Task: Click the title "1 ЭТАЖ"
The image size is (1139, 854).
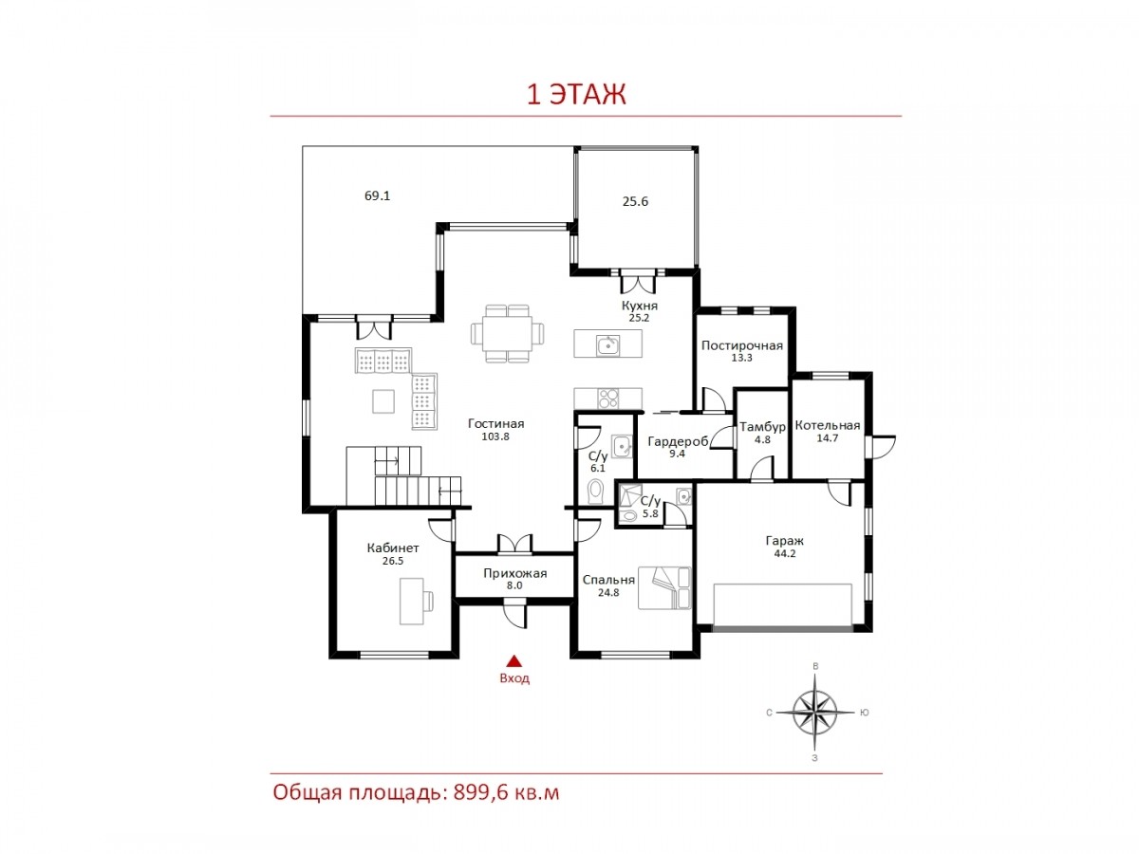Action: pyautogui.click(x=576, y=94)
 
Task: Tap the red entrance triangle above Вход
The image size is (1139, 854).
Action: pyautogui.click(x=513, y=660)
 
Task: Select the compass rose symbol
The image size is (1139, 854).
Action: pyautogui.click(x=814, y=713)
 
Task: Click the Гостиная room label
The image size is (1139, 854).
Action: pyautogui.click(x=495, y=423)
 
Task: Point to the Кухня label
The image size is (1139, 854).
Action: pyautogui.click(x=640, y=306)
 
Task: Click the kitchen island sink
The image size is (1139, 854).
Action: pyautogui.click(x=607, y=345)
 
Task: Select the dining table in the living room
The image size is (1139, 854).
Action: pyautogui.click(x=507, y=333)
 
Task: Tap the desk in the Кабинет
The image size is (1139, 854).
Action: pyautogui.click(x=416, y=602)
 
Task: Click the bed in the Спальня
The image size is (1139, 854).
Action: pyautogui.click(x=664, y=587)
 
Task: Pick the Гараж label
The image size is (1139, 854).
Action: pyautogui.click(x=784, y=541)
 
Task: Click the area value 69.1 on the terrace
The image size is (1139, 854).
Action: pyautogui.click(x=377, y=196)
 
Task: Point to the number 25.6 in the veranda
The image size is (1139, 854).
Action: pyautogui.click(x=635, y=202)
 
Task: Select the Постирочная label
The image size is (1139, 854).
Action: pyautogui.click(x=741, y=345)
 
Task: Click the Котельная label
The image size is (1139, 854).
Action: pyautogui.click(x=827, y=426)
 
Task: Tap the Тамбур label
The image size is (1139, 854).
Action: pyautogui.click(x=762, y=427)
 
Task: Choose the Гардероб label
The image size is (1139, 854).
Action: pyautogui.click(x=678, y=442)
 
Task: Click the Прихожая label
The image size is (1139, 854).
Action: pyautogui.click(x=514, y=573)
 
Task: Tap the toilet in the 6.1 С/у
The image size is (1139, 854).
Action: pyautogui.click(x=596, y=492)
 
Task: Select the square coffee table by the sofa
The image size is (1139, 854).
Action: pyautogui.click(x=383, y=401)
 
